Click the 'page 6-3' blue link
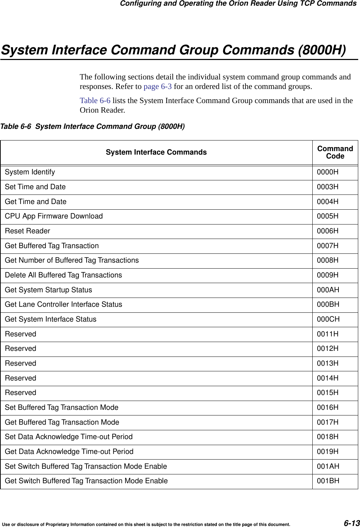coord(158,86)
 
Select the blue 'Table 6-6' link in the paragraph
coord(95,101)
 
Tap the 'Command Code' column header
coord(335,152)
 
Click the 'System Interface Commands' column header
coord(156,152)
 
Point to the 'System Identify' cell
coord(30,172)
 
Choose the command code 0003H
coord(327,187)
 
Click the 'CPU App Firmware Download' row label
coord(54,216)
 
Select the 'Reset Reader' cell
coord(28,231)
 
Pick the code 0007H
coord(327,246)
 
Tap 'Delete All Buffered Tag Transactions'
coord(63,275)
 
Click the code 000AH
coord(328,290)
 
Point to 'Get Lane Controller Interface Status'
coord(64,305)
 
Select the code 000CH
coord(328,319)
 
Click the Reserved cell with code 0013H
coord(20,364)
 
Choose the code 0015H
coord(327,393)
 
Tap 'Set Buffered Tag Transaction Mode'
coord(61,408)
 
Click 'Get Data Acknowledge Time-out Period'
coord(69,452)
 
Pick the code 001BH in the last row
coord(328,481)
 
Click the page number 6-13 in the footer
coord(352,523)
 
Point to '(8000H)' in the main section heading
coord(322,50)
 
